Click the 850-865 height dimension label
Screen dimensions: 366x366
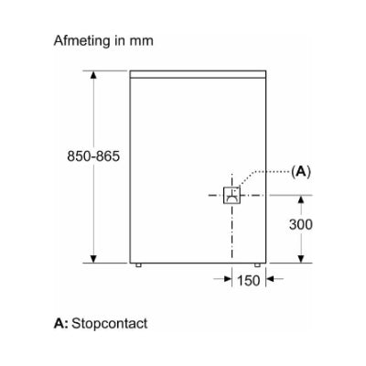coord(93,156)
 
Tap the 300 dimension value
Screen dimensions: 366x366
coord(301,224)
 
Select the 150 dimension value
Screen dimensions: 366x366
coord(249,280)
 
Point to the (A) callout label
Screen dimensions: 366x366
coord(301,172)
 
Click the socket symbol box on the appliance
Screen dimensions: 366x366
coord(231,195)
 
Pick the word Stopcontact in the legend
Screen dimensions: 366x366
coord(110,323)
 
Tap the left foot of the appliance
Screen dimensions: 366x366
coord(138,265)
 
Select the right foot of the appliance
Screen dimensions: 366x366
coord(257,265)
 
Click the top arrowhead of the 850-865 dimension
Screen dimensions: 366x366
coord(93,75)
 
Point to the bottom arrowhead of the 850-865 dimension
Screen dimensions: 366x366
coord(93,259)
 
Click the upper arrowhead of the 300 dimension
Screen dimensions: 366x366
coord(301,199)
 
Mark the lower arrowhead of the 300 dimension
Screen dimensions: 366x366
coord(301,259)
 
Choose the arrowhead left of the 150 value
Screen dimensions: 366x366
coord(228,278)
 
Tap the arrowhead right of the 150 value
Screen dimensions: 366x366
coord(270,278)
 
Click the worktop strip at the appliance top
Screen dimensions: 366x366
coord(198,74)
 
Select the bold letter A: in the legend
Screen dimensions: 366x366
coord(61,323)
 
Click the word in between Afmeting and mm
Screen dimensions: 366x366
coord(120,40)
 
